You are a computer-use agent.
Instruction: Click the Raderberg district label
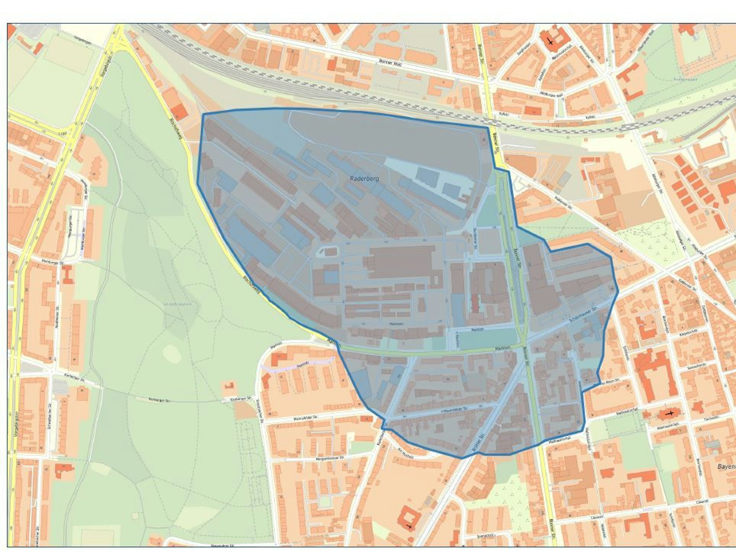[x=364, y=178]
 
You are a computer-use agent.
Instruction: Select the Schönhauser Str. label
[x=582, y=315]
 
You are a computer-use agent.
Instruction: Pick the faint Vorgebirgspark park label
[x=177, y=304]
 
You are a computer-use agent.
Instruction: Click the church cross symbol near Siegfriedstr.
[x=550, y=42]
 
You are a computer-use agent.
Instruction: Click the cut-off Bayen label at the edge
[x=726, y=467]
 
